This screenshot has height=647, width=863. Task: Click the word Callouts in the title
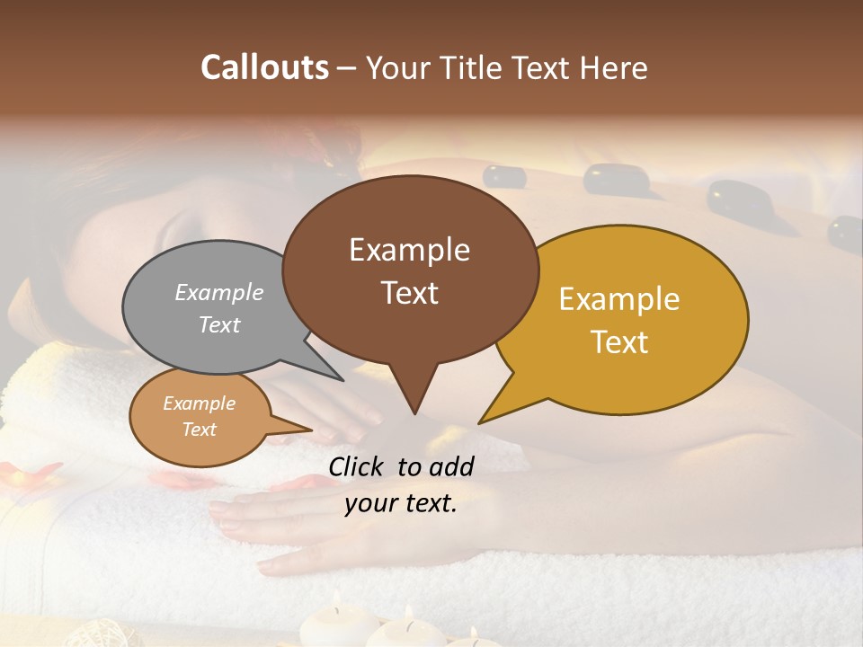pos(264,67)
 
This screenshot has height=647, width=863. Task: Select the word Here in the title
pos(613,67)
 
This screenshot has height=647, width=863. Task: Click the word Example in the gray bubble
pos(219,293)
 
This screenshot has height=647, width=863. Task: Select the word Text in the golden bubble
pos(619,342)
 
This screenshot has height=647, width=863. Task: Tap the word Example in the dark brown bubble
pos(409,250)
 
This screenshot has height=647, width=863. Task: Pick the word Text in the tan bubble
pos(199,430)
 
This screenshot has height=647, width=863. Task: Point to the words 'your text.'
pos(400,503)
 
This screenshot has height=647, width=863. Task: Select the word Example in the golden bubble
pos(619,299)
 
